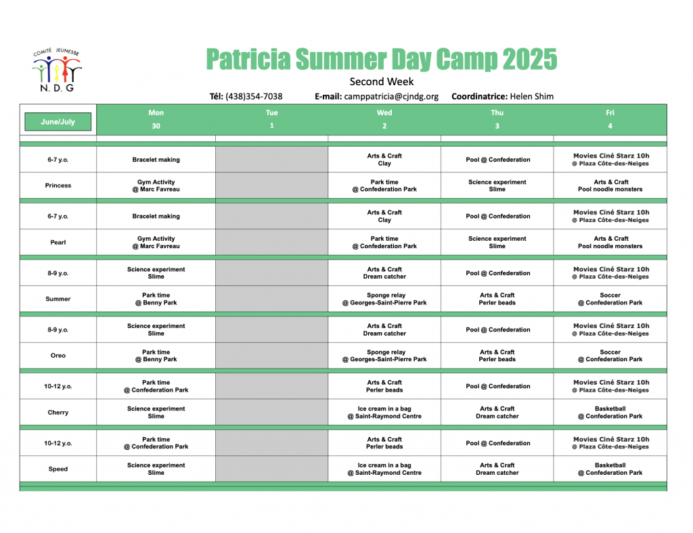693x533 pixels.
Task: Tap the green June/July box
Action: pos(58,122)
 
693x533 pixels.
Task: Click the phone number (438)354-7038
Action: pos(254,96)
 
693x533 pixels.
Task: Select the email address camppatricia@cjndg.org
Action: pos(391,96)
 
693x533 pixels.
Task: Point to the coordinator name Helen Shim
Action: pos(532,96)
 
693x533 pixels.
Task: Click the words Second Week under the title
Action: pos(382,82)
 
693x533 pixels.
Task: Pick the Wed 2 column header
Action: pos(384,119)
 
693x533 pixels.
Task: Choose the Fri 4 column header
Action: pos(610,119)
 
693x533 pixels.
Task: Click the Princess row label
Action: pos(58,185)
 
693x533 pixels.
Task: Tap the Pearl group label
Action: pos(58,242)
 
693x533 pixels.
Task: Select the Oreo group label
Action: pos(58,356)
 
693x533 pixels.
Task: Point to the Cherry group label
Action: pos(58,413)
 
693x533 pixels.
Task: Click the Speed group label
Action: pos(58,469)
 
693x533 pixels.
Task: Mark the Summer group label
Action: pos(58,299)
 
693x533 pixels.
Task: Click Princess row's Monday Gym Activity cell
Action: pos(156,185)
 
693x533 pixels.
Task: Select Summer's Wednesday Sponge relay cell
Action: pos(384,299)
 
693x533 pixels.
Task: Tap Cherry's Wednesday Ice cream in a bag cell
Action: pos(384,413)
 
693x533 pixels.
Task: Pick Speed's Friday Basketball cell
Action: pos(610,469)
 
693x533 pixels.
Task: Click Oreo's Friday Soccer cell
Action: pos(610,356)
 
